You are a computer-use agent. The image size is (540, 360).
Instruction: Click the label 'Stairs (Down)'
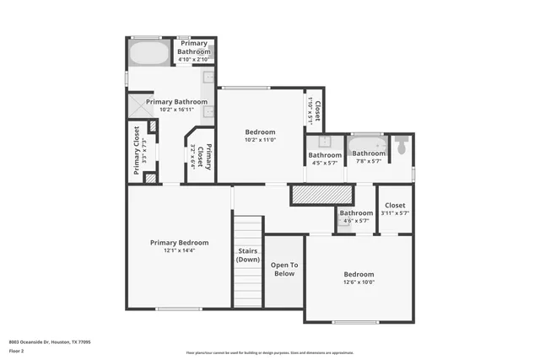248,255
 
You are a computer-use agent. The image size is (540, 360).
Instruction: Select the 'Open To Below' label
283,269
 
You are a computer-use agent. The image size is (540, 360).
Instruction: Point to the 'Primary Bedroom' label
179,243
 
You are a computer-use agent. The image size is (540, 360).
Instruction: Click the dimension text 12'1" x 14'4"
179,250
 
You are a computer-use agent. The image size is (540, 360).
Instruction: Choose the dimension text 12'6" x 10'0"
359,282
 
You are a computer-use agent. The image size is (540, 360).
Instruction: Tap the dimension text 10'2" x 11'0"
260,140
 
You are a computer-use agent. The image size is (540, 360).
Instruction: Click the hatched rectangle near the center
314,196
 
